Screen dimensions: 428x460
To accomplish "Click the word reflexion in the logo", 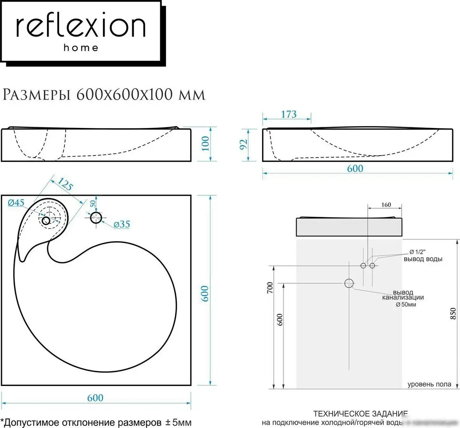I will [x=80, y=27].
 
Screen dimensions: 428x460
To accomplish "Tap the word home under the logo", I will [x=81, y=48].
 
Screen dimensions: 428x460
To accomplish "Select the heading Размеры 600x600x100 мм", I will [x=104, y=95].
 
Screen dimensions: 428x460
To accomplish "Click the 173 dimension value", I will [x=289, y=114].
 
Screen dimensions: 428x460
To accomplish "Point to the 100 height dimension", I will [x=205, y=143].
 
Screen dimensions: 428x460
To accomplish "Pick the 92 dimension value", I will [x=244, y=144].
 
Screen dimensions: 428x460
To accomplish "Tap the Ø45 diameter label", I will [x=16, y=203].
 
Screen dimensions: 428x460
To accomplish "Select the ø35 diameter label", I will [x=122, y=224].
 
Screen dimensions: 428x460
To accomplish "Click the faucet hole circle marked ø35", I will [x=96, y=218].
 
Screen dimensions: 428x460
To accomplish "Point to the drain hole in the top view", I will [x=46, y=221].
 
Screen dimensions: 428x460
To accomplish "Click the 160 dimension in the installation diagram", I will [x=386, y=205].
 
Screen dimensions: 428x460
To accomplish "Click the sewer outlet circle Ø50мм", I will [x=349, y=283].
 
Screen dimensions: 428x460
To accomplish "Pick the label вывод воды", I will [x=423, y=259].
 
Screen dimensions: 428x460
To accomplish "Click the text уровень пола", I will [x=429, y=384].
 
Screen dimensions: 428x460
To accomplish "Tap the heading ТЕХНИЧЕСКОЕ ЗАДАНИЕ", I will [x=360, y=413].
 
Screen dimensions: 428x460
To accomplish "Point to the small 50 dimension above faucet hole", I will [x=93, y=204].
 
